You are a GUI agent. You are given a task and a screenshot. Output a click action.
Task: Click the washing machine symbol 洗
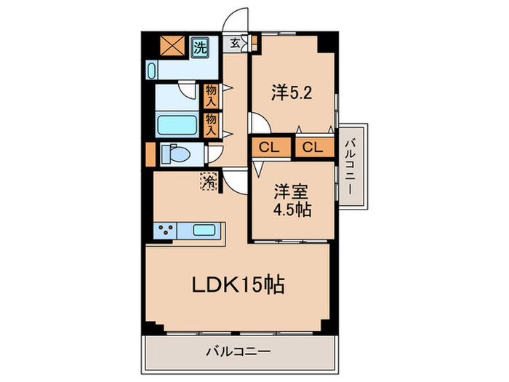[199, 49]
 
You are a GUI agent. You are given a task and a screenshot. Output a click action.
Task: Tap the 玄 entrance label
[236, 42]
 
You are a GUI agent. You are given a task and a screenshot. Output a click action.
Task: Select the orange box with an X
[174, 47]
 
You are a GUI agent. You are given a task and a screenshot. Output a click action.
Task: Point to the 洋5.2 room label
[292, 92]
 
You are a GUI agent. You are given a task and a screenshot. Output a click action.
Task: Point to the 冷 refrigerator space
[209, 181]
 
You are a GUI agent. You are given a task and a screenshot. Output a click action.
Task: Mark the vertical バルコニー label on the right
[350, 167]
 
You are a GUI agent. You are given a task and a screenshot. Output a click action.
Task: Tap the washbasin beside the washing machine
[153, 70]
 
